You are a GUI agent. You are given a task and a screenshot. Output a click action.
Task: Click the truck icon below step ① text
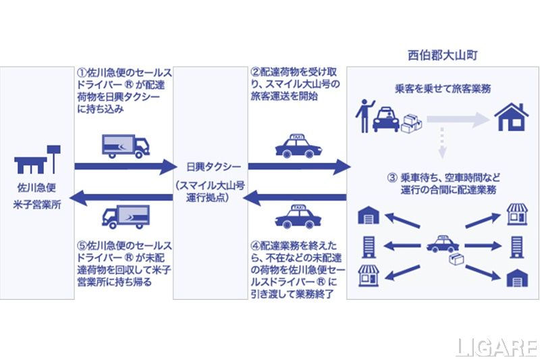pyautogui.click(x=125, y=145)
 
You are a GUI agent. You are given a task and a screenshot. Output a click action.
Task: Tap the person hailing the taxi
pyautogui.click(x=364, y=115)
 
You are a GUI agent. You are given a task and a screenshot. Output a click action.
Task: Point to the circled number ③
pyautogui.click(x=391, y=178)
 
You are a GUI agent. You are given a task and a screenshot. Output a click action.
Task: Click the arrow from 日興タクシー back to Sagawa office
pyautogui.click(x=122, y=197)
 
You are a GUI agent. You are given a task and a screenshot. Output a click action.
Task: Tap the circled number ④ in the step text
pyautogui.click(x=254, y=245)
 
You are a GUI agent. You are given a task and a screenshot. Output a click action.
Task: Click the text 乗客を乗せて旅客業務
pyautogui.click(x=442, y=88)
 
